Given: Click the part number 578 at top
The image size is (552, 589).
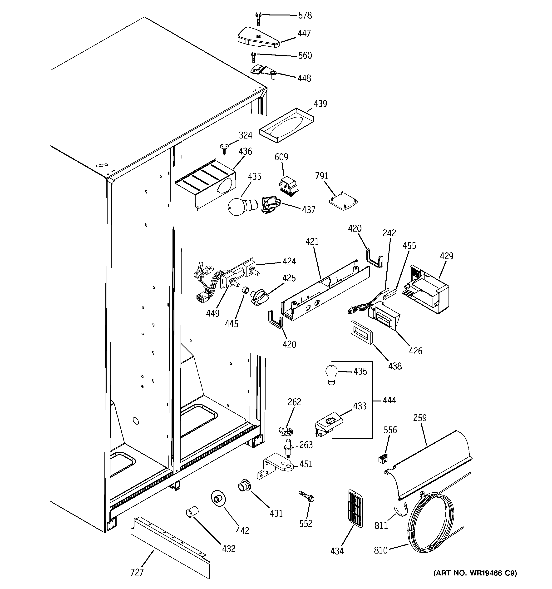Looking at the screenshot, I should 305,15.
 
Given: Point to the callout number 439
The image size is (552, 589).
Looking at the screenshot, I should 320,104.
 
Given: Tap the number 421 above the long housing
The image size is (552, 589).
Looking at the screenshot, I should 312,242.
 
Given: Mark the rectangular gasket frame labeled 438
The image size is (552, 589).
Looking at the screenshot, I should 361,333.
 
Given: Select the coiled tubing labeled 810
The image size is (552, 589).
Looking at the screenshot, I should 430,520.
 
